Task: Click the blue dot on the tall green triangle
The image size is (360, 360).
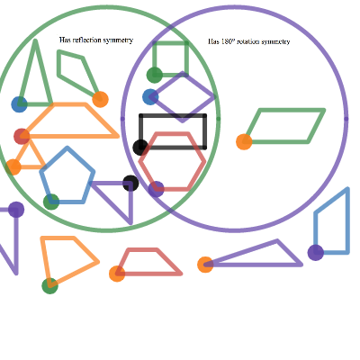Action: (19, 104)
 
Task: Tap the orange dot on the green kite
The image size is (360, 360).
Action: (100, 99)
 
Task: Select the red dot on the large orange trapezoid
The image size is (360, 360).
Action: (22, 136)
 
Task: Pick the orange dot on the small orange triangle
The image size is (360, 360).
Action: (13, 167)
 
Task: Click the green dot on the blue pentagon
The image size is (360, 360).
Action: (51, 202)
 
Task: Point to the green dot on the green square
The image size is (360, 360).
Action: (155, 75)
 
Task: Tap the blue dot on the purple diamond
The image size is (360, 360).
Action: (150, 97)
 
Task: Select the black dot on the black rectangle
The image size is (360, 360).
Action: (140, 148)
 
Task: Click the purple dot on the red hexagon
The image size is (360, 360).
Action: (156, 189)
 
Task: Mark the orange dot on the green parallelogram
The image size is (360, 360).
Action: (244, 141)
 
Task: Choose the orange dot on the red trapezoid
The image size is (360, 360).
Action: (117, 274)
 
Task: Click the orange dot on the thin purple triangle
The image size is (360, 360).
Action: (205, 265)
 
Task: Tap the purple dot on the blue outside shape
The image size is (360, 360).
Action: (316, 252)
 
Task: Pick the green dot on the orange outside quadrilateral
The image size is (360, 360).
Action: (50, 285)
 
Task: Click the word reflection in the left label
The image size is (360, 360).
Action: (87, 40)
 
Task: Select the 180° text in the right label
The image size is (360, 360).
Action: (228, 41)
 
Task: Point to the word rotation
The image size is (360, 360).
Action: (247, 41)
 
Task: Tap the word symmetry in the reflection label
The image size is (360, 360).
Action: (118, 40)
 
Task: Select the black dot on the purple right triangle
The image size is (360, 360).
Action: (130, 183)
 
